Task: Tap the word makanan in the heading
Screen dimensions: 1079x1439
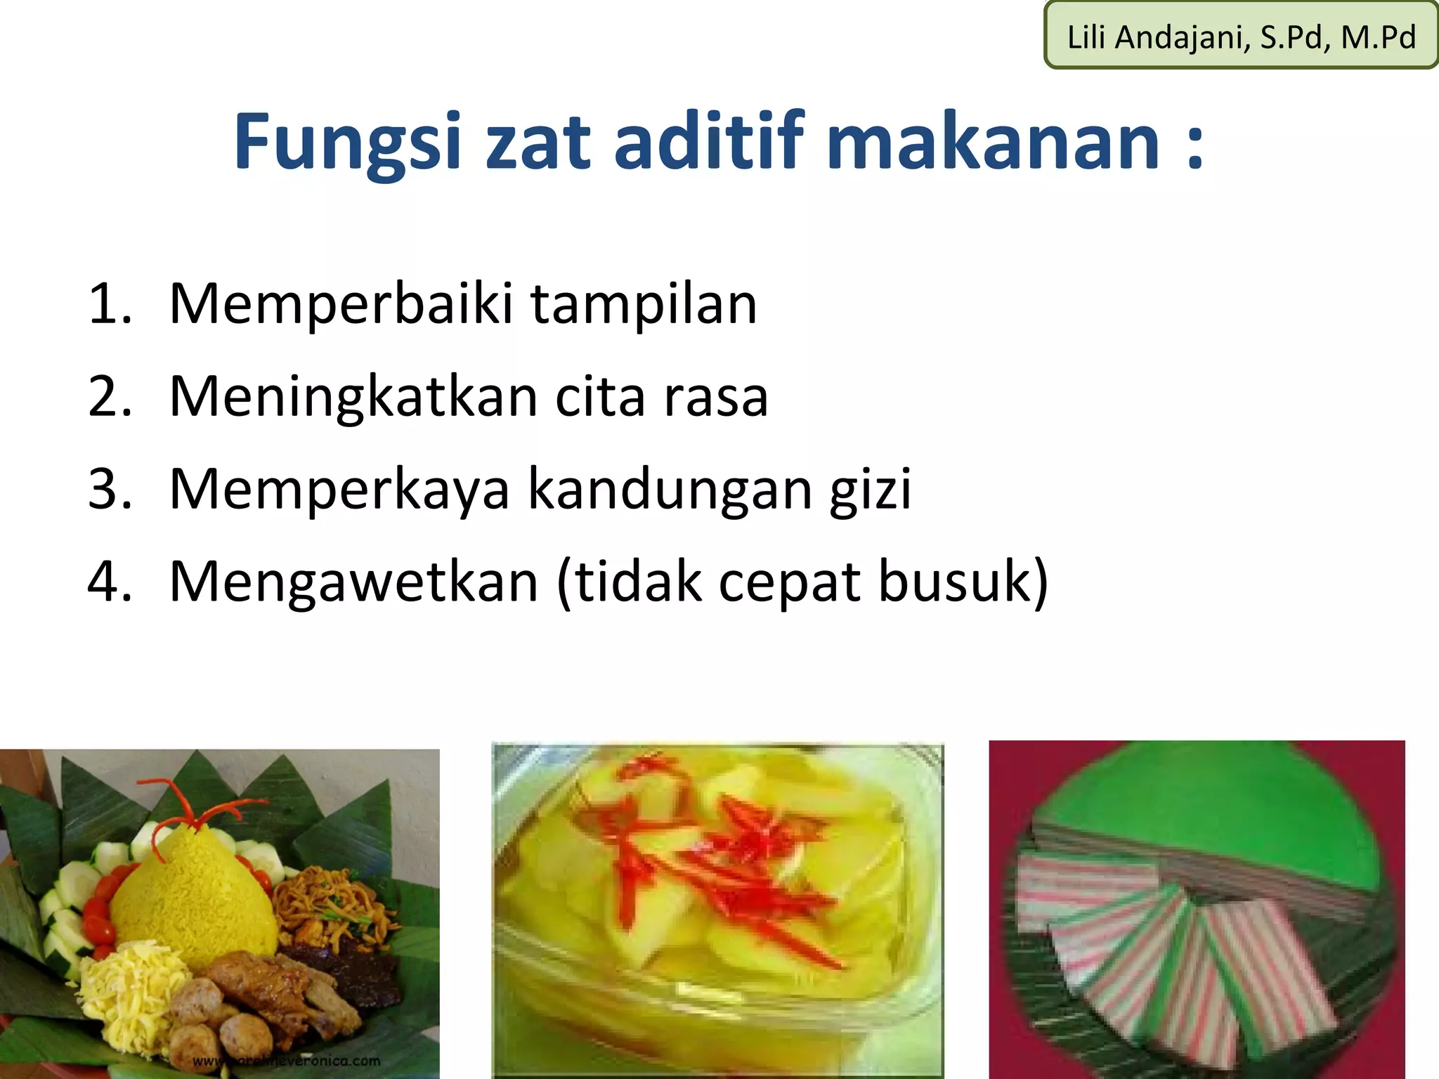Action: pos(993,143)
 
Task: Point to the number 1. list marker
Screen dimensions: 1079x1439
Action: pos(110,304)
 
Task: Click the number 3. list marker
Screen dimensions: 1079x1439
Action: pos(110,489)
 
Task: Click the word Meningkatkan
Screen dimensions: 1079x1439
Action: pos(353,398)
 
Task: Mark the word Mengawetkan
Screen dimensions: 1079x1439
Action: pos(353,583)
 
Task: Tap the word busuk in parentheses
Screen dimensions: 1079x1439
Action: pos(956,582)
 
